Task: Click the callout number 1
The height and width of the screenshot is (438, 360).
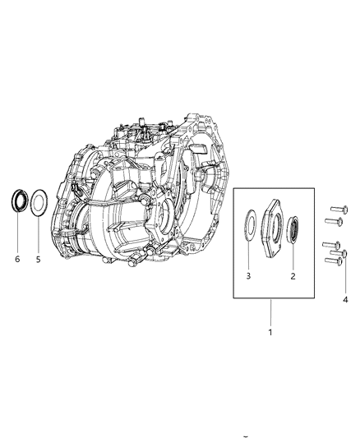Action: [270, 333]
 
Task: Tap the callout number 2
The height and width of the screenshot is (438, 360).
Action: [293, 276]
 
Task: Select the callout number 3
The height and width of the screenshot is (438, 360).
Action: [248, 276]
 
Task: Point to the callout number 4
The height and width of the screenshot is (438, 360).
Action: [345, 300]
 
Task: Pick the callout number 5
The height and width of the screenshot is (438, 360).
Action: [39, 260]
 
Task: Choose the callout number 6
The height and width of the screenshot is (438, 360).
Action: [17, 259]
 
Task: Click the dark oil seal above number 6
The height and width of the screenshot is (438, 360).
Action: [20, 201]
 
